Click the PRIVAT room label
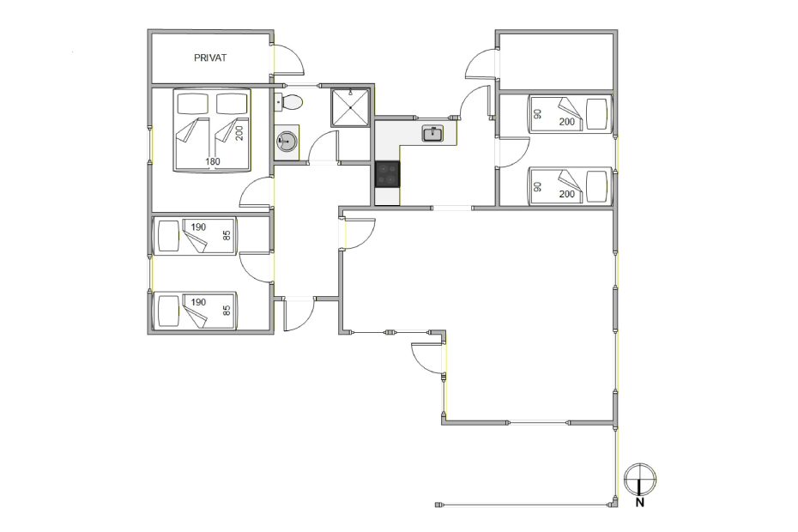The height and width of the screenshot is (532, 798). click(210, 58)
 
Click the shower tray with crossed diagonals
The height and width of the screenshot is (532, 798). click(349, 108)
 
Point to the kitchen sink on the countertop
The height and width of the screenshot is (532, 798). click(432, 134)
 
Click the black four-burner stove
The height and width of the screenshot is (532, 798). click(388, 174)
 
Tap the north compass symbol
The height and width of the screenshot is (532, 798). click(640, 480)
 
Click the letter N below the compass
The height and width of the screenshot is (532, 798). click(640, 503)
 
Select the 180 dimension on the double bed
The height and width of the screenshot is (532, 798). click(213, 161)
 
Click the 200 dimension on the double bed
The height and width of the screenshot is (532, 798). click(239, 133)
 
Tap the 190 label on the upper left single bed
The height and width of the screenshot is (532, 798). click(198, 227)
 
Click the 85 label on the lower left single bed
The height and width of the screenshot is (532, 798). click(227, 310)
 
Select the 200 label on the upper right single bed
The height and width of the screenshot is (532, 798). click(566, 122)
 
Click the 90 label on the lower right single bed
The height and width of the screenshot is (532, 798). click(537, 187)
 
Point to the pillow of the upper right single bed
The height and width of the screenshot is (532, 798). click(596, 114)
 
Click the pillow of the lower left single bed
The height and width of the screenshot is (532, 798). click(168, 311)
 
